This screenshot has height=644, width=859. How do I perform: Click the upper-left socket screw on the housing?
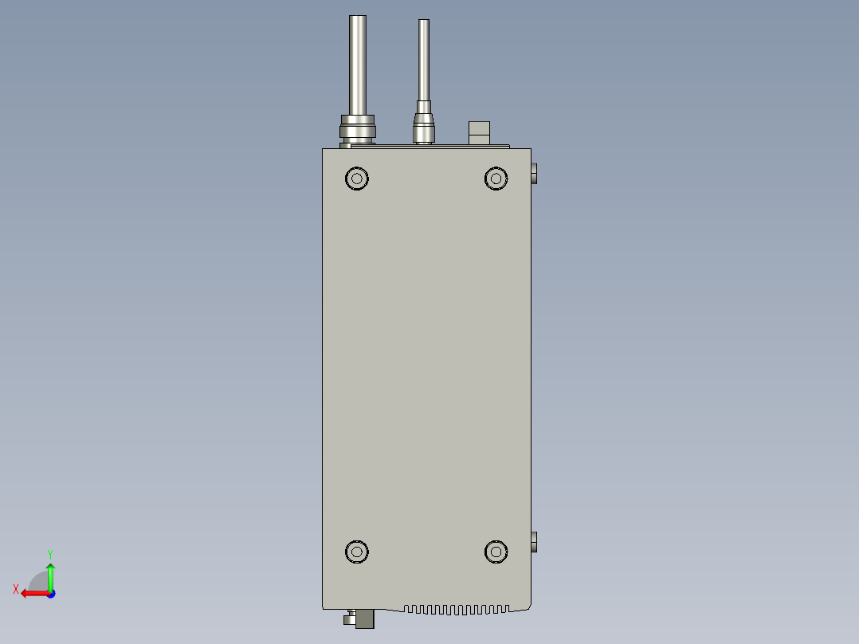click(357, 178)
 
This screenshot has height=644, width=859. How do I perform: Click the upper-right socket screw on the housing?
click(496, 178)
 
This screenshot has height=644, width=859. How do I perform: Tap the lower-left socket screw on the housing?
click(357, 551)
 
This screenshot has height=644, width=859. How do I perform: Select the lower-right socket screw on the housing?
click(496, 551)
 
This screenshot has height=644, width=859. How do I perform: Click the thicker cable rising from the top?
click(358, 64)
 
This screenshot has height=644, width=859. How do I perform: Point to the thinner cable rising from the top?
click(424, 64)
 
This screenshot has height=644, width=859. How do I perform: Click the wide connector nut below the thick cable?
click(358, 129)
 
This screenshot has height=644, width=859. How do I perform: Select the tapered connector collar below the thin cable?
click(424, 128)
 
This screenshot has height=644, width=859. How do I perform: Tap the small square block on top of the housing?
click(479, 133)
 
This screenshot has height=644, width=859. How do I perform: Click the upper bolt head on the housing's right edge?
click(534, 173)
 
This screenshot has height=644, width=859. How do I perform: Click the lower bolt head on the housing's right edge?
click(534, 543)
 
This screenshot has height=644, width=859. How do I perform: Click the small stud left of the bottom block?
click(349, 618)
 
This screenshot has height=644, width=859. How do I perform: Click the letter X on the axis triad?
click(16, 589)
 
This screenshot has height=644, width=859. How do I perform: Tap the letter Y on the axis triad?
click(49, 553)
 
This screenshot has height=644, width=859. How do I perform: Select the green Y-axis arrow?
click(50, 575)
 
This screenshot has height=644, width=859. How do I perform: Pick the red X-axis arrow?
click(33, 593)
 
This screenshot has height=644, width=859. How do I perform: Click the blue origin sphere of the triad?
click(50, 594)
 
